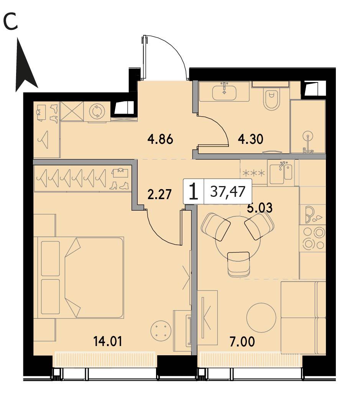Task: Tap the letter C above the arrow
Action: pos(10,22)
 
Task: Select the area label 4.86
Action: pos(160,139)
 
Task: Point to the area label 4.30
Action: pos(250,139)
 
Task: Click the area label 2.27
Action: pos(159,195)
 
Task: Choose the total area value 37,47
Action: pos(228,191)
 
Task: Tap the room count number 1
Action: pos(194,192)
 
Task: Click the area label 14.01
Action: pos(108,341)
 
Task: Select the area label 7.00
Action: pos(242,341)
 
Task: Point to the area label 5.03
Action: pos(260,208)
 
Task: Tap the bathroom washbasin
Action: pos(224,92)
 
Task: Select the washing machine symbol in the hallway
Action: pos(97,112)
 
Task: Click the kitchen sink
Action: pos(281,173)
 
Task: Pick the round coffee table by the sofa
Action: pos(261,317)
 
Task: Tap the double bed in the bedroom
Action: pos(81,278)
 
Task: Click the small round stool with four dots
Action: pos(159,330)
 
